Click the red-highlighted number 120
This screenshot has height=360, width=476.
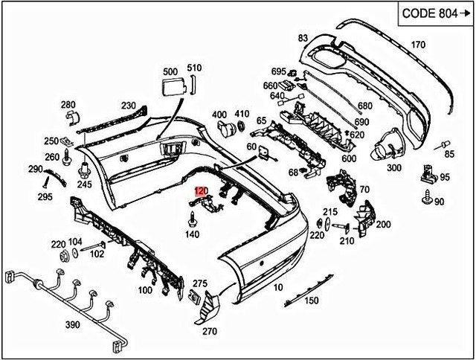(x=200, y=191)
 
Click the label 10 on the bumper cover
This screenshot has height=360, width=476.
(x=277, y=286)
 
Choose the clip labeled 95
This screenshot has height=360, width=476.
(x=428, y=174)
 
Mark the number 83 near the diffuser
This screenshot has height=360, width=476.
(x=303, y=37)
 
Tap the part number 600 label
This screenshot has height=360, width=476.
(x=349, y=158)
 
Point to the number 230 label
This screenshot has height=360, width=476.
(x=128, y=106)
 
